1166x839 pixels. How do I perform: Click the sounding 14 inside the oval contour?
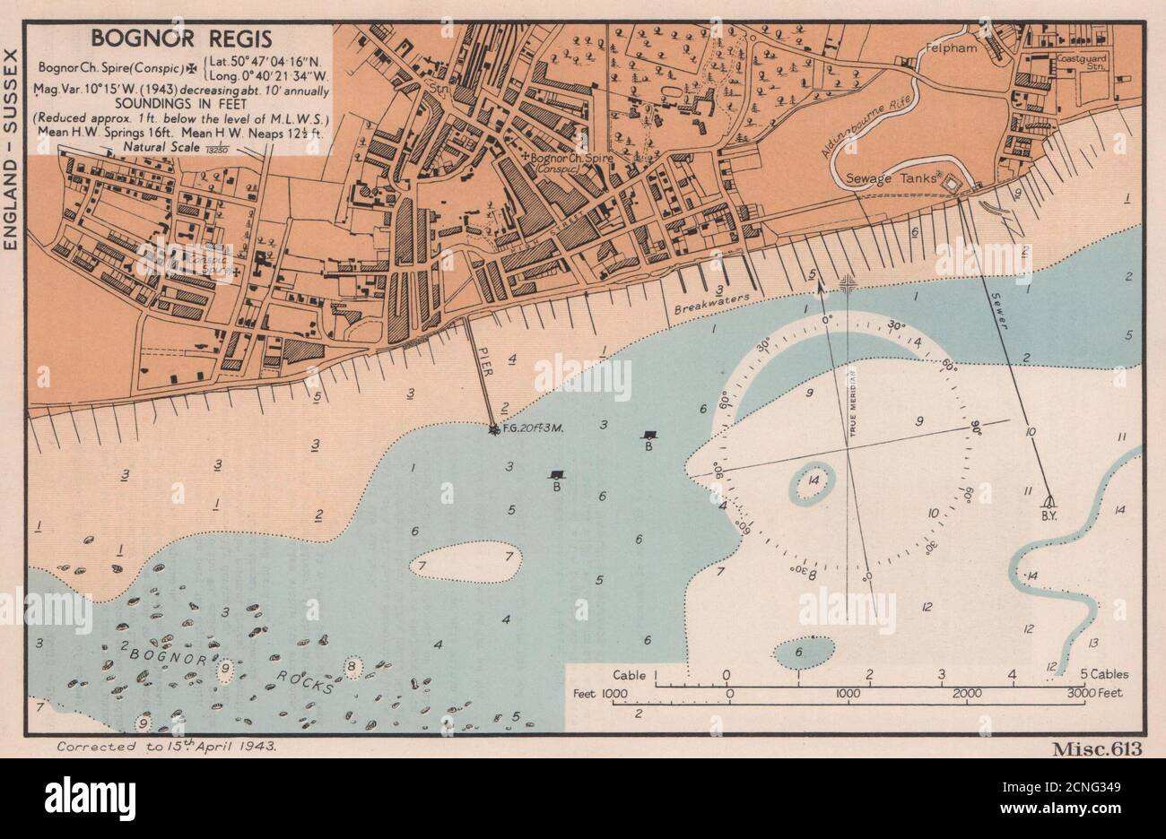814,481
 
